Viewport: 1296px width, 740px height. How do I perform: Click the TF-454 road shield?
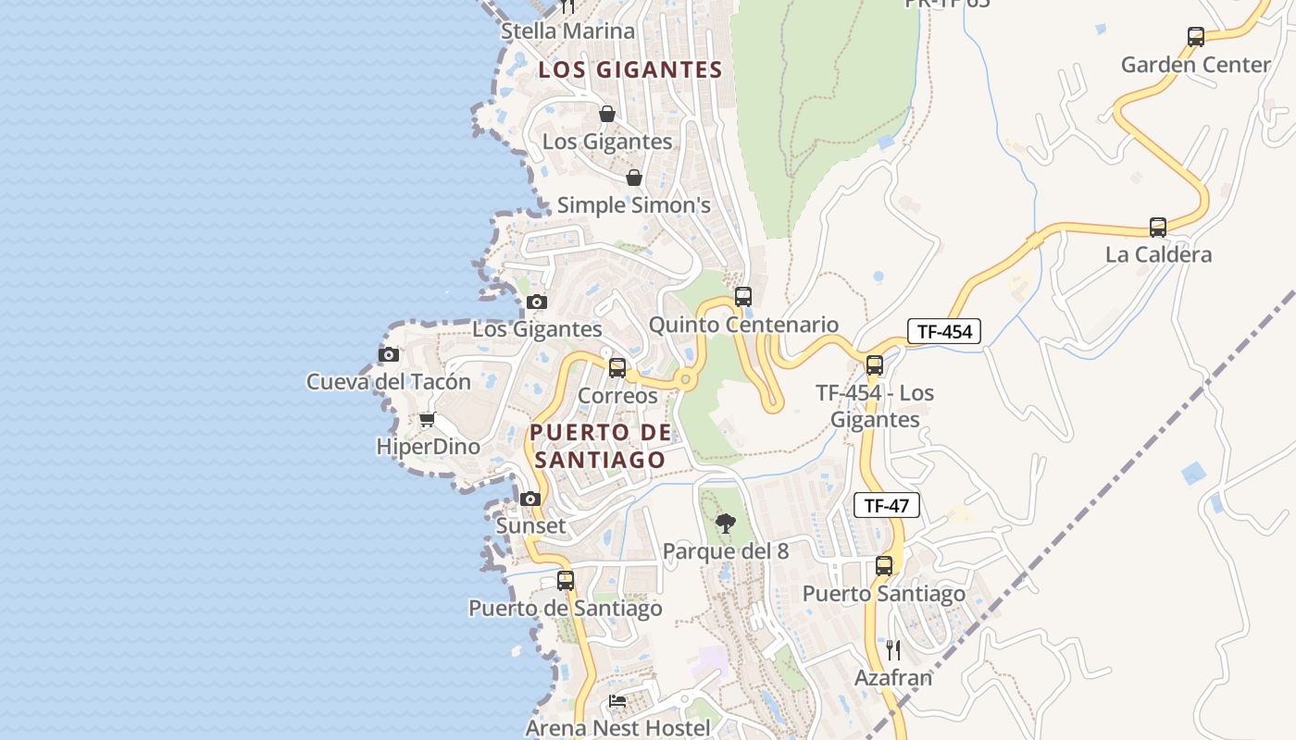(x=943, y=331)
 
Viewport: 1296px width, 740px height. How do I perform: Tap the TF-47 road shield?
(x=886, y=505)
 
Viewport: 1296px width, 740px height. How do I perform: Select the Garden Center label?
(x=1195, y=65)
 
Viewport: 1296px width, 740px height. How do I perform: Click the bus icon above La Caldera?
(x=1157, y=228)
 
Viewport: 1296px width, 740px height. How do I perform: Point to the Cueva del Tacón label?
(x=389, y=381)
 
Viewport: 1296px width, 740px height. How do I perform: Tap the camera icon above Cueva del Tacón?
(x=389, y=354)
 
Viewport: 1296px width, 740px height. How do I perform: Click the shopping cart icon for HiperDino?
(x=427, y=420)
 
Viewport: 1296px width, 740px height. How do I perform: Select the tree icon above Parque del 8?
(x=725, y=524)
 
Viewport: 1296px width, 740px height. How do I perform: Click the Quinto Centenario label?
(x=743, y=325)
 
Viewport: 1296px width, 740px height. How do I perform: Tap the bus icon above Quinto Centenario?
(x=742, y=297)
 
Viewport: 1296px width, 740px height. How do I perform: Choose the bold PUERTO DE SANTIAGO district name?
(x=600, y=446)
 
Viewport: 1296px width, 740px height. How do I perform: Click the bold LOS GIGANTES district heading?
(x=630, y=70)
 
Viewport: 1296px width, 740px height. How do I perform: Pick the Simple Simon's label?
(x=633, y=205)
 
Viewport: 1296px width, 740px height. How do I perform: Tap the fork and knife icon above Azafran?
(x=892, y=650)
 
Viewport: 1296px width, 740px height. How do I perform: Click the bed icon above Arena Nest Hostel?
(x=617, y=701)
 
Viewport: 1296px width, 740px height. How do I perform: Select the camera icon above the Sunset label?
(x=530, y=499)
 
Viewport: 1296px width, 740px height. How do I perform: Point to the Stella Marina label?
(x=567, y=31)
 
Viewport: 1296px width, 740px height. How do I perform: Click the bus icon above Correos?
(x=617, y=368)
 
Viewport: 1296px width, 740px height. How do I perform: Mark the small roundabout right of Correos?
(x=685, y=378)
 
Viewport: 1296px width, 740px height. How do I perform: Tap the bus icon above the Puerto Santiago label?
(x=884, y=566)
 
